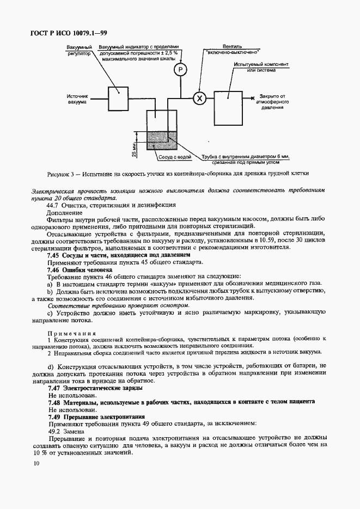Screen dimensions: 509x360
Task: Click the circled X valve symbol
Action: click(199, 98)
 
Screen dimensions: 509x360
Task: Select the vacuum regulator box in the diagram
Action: click(117, 98)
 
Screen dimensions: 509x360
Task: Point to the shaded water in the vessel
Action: click(162, 139)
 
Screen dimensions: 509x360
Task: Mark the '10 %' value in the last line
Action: click(40, 452)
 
